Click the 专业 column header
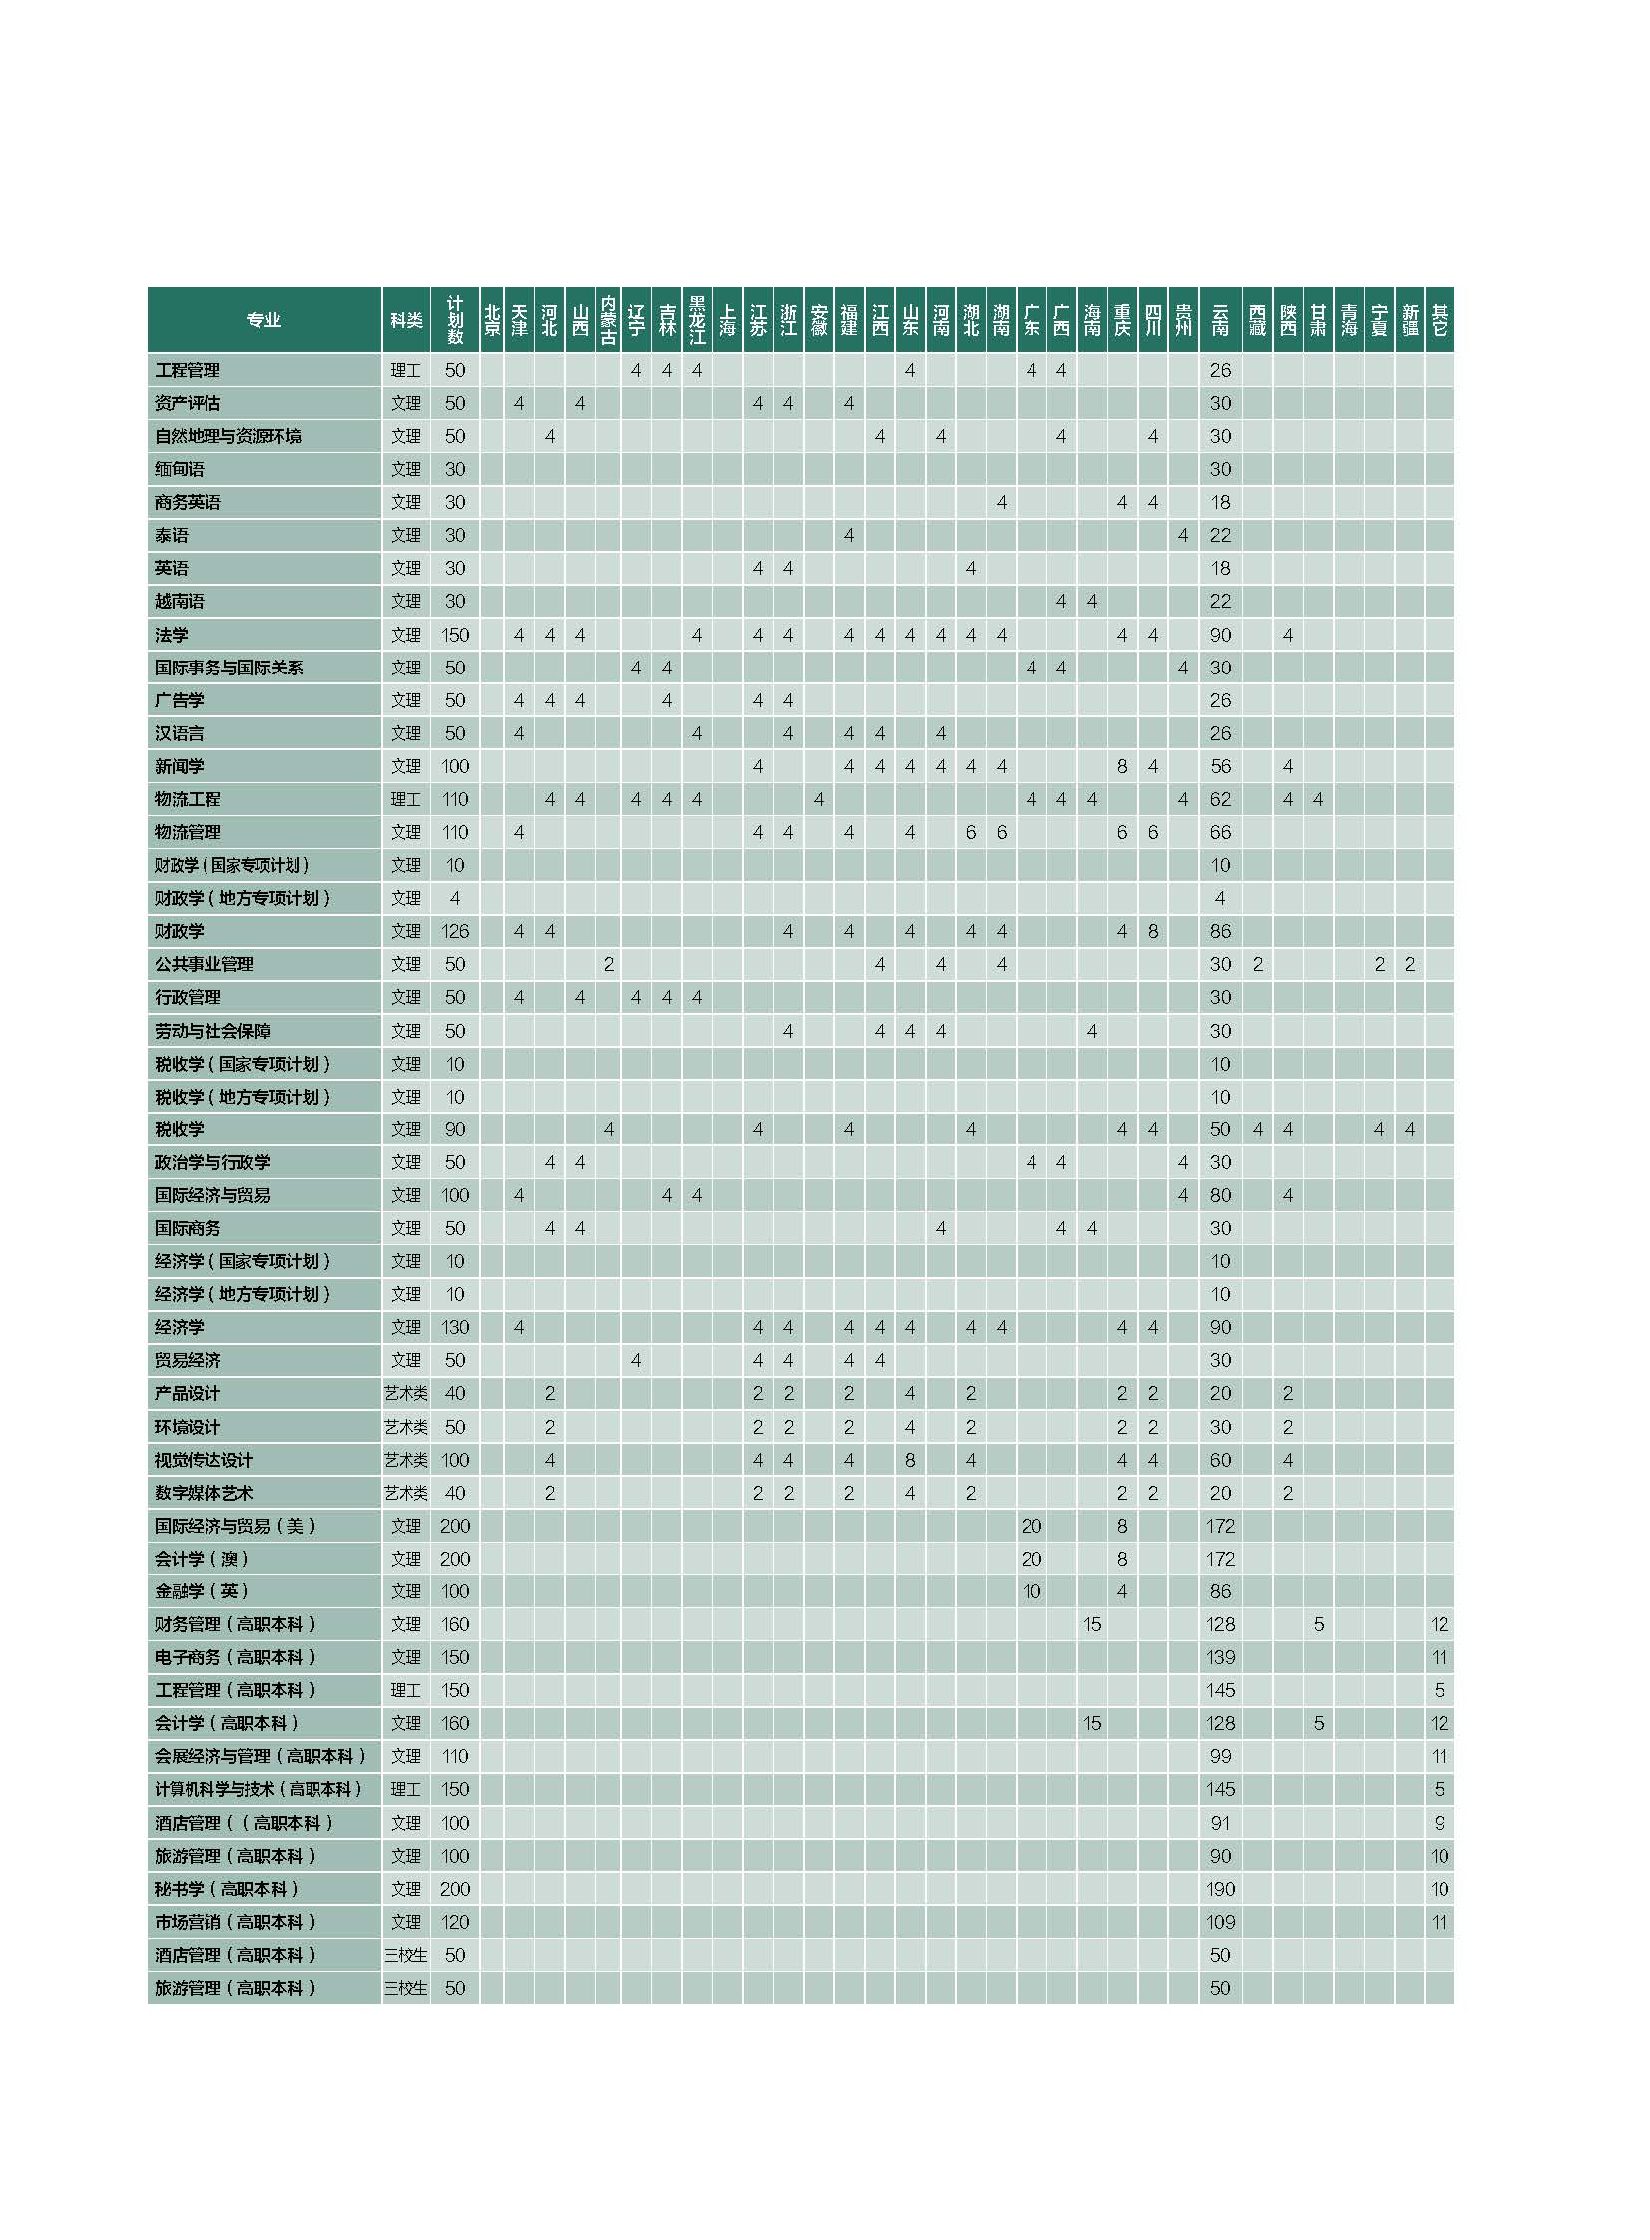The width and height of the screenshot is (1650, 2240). tap(263, 319)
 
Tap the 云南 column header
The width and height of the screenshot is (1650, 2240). tap(1219, 319)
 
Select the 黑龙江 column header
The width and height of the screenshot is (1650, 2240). tap(697, 319)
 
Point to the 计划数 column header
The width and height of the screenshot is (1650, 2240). tap(455, 319)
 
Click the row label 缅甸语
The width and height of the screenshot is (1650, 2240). tap(180, 469)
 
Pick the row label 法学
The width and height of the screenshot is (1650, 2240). tap(172, 635)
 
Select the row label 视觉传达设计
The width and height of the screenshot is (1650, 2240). tap(204, 1460)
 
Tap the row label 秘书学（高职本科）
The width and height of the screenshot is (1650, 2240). tap(226, 1889)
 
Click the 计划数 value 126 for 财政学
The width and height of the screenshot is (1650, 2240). tap(455, 931)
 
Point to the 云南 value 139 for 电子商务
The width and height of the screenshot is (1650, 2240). tap(1219, 1657)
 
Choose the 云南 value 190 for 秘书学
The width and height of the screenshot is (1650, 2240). tap(1219, 1889)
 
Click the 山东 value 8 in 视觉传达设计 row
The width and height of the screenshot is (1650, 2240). tap(909, 1460)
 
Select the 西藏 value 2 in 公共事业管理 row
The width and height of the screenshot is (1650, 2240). tap(1258, 964)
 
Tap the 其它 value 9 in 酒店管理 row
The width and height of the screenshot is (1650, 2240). tap(1439, 1822)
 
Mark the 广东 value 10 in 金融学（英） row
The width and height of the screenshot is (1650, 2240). tap(1031, 1591)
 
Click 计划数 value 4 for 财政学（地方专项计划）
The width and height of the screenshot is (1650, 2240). tap(455, 898)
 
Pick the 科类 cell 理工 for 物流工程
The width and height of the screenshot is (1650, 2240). tap(405, 799)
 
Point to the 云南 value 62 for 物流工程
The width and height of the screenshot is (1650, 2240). tap(1219, 799)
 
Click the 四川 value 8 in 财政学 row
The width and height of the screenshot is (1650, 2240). tap(1152, 931)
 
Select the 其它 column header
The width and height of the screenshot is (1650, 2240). tap(1439, 319)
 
